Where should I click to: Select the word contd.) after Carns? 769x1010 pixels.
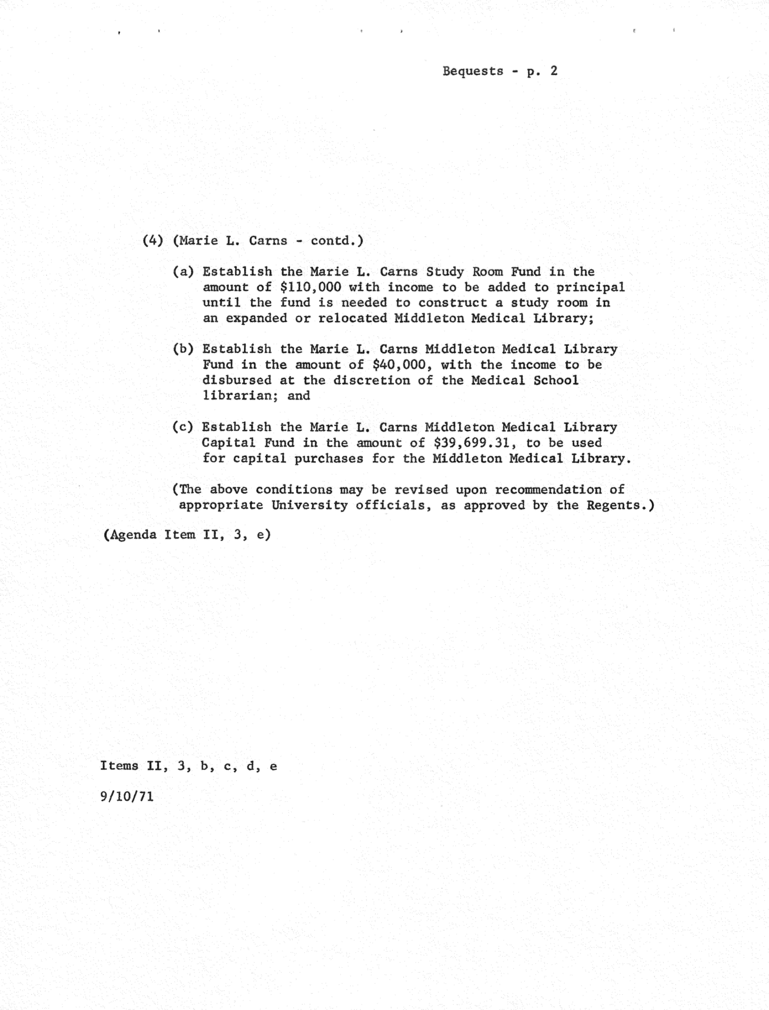point(337,241)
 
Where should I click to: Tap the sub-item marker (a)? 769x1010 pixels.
point(183,272)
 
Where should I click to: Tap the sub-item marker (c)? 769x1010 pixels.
point(183,427)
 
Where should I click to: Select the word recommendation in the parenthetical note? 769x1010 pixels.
point(548,490)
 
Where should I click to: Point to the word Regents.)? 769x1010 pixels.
point(621,505)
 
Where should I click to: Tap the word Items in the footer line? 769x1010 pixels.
point(119,766)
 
